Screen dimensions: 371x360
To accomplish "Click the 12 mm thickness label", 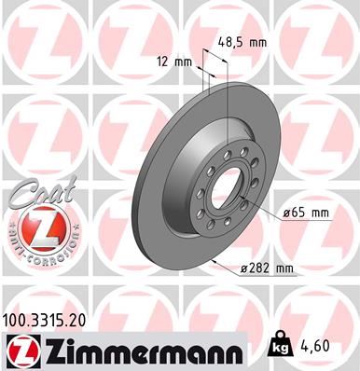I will click(174, 62).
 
